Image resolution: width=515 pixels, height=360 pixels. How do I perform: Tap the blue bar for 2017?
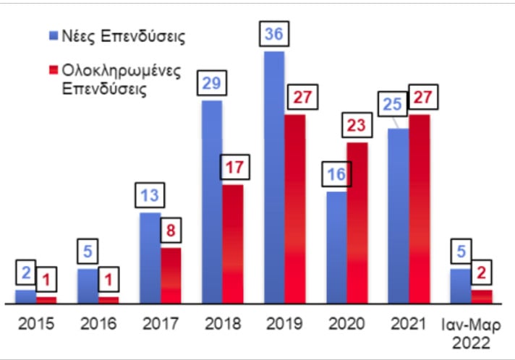coord(150,257)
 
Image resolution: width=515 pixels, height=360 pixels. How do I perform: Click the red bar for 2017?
coord(171,275)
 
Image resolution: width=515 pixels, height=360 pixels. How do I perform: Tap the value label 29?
coord(213,84)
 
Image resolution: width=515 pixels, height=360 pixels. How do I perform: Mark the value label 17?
coord(233,168)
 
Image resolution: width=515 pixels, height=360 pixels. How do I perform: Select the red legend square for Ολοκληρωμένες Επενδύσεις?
coord(54,70)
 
